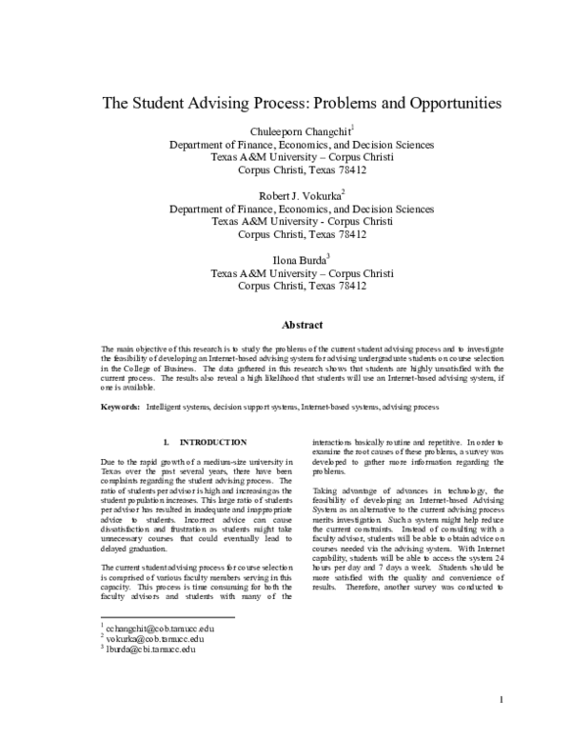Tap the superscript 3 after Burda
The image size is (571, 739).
(328, 255)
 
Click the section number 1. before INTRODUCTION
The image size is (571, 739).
(167, 443)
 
